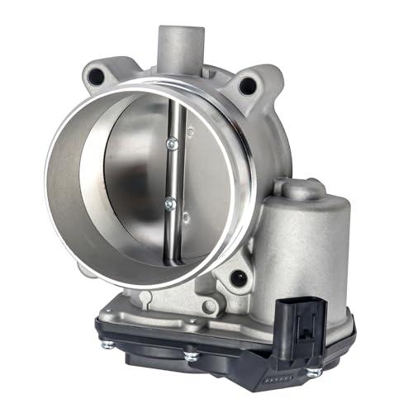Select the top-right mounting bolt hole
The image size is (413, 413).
(x=245, y=84)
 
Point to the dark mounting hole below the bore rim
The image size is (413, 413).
(x=239, y=278)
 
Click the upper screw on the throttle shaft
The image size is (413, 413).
(x=171, y=144)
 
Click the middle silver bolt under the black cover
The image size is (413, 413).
(x=192, y=357)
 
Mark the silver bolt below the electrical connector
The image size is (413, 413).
(x=313, y=373)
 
